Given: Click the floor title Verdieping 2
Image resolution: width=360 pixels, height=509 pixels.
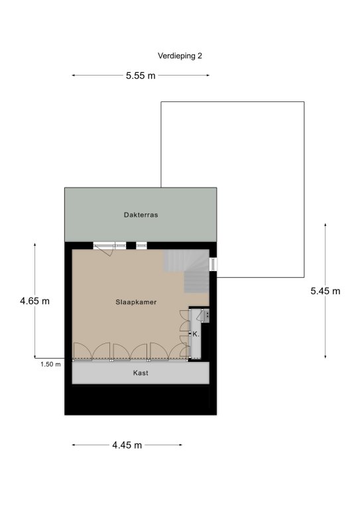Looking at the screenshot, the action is coord(180,56).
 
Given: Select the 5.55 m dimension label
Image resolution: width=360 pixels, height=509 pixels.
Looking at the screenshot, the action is coord(141,76).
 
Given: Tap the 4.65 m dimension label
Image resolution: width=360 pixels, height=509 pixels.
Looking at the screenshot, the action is coord(34,301).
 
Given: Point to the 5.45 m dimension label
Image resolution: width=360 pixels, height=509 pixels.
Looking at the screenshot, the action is coord(326,291).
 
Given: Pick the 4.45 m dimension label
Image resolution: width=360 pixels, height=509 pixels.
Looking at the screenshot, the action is coord(127,445).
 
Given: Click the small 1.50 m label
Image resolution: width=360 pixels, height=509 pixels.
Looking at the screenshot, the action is coord(50,365).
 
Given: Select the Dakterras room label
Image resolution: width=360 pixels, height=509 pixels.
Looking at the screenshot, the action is coord(141,215).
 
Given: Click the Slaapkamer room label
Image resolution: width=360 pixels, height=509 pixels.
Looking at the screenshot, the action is coord(136,302).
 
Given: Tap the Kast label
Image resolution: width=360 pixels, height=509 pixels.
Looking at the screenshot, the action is coord(141,373).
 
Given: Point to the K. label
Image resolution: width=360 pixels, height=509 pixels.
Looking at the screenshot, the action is coord(196,334).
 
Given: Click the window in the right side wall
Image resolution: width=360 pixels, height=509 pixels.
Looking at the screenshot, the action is coord(213,264).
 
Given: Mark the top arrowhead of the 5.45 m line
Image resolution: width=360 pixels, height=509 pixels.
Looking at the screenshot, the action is coord(326,225).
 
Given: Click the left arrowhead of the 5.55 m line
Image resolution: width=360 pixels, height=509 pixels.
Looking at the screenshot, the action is coord(74,76).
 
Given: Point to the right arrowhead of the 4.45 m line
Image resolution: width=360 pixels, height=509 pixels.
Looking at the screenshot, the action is coord(180,445).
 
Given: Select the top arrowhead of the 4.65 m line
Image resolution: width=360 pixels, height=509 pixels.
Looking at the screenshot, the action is coord(34,245).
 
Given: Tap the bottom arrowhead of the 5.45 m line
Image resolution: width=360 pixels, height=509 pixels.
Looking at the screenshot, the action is coord(326,357).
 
